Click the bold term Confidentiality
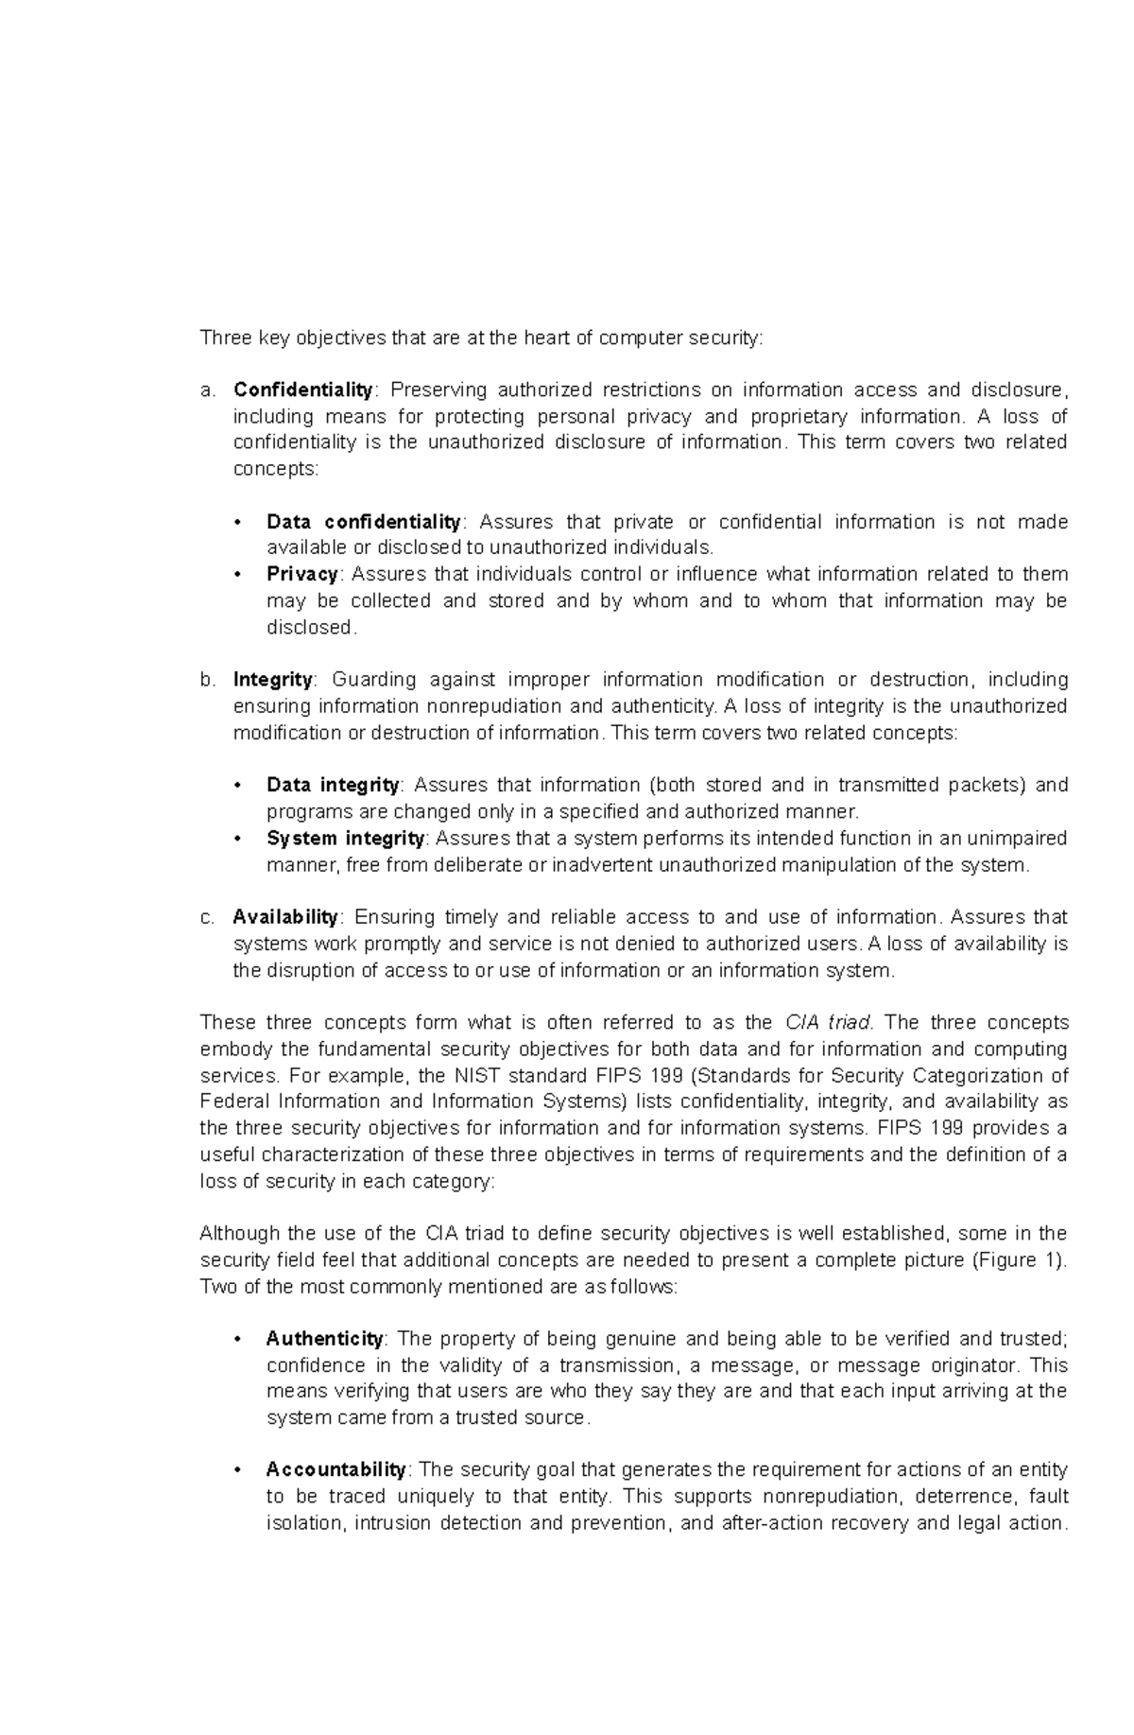click(303, 390)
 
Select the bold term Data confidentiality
click(363, 522)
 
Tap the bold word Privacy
click(302, 574)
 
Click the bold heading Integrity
click(272, 679)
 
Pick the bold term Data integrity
click(333, 785)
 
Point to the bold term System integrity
click(345, 838)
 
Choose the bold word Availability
click(285, 916)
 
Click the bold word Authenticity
click(324, 1338)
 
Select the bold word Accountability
click(335, 1469)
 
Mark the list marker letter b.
click(206, 680)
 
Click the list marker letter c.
click(206, 917)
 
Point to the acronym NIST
click(478, 1075)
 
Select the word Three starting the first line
click(221, 338)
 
